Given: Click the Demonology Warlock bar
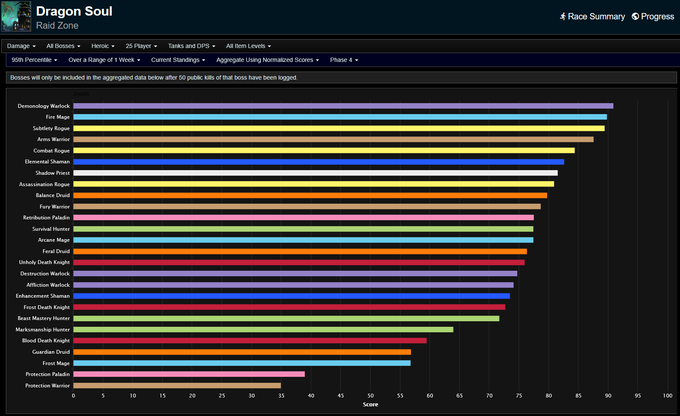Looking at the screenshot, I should click(x=343, y=106).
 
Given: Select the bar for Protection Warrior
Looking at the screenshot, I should click(x=177, y=386).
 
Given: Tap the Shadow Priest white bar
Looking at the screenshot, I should click(x=315, y=173).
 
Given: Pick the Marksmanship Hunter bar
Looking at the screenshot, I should click(x=263, y=330).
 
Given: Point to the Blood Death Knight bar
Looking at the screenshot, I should click(x=250, y=341).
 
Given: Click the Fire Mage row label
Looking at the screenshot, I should click(x=58, y=117).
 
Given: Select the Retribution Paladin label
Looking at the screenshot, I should click(x=46, y=218).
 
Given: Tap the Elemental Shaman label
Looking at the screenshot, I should click(x=47, y=162).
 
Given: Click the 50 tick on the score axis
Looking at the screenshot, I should click(x=371, y=396).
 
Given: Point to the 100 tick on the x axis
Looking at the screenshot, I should click(x=667, y=396).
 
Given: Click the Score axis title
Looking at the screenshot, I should click(x=371, y=405).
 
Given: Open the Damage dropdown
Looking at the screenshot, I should click(x=21, y=46).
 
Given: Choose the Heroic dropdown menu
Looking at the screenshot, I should click(x=103, y=46).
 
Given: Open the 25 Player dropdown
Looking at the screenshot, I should click(x=141, y=46).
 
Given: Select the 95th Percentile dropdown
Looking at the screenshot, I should click(x=34, y=60).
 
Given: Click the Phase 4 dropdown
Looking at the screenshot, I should click(x=344, y=60).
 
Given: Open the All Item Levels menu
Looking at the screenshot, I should click(x=248, y=46).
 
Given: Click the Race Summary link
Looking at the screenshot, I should click(x=592, y=16).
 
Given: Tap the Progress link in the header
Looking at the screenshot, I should click(x=653, y=16).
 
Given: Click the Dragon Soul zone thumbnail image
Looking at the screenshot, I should click(x=16, y=16).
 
